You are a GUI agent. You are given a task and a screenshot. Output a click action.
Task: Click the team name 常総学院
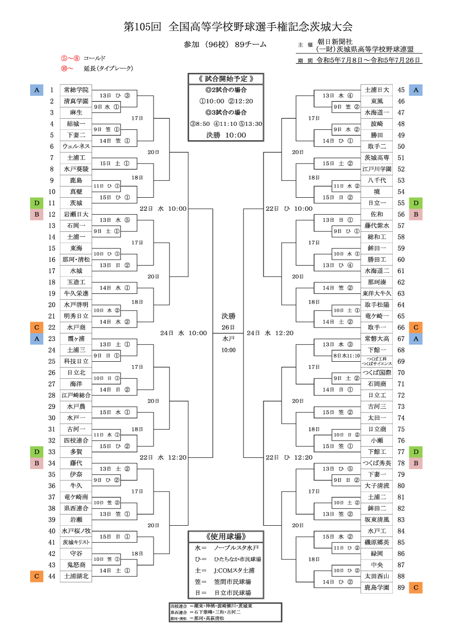tap(76, 90)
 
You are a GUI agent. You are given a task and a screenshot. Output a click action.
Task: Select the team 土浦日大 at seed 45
tap(377, 90)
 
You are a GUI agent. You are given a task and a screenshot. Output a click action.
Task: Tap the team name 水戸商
tap(76, 328)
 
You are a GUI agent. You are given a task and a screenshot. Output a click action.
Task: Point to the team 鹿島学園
tap(377, 587)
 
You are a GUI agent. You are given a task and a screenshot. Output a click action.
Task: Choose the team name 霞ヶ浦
tap(76, 339)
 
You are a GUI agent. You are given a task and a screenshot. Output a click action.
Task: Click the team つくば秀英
tap(377, 463)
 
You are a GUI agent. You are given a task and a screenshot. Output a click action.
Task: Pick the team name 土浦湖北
tap(76, 576)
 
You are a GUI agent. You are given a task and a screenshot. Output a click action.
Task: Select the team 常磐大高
tap(377, 339)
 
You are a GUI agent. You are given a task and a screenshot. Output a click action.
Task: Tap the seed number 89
tap(401, 587)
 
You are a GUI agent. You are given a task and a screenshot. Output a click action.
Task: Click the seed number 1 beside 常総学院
tap(52, 90)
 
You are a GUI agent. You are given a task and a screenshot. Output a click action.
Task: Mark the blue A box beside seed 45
tap(416, 90)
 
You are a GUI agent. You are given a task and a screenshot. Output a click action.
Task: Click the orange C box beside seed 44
tap(36, 576)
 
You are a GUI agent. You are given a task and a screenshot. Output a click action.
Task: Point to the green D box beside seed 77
tap(416, 452)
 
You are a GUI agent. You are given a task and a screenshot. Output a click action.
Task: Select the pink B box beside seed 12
tap(36, 214)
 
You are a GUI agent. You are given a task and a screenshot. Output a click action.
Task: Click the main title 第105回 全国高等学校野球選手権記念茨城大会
tap(238, 27)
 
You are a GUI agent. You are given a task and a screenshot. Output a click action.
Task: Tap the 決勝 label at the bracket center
tap(228, 316)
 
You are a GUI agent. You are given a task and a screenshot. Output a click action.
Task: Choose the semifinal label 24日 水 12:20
tap(270, 333)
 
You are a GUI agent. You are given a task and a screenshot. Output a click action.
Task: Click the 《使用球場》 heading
tap(226, 536)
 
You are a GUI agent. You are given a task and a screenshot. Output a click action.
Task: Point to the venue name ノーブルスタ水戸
tap(236, 548)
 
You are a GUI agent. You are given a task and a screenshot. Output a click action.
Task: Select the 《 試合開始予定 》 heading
tap(226, 79)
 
